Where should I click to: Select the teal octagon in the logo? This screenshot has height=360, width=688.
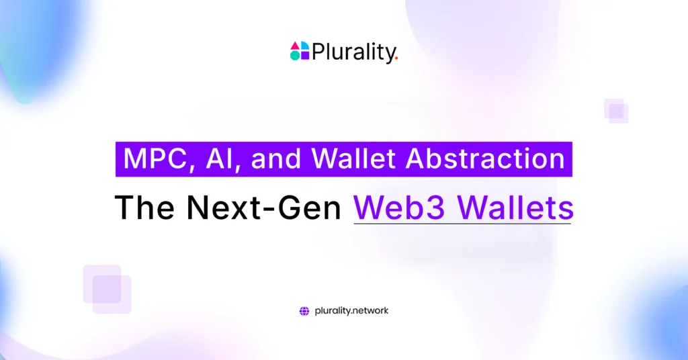point(295,56)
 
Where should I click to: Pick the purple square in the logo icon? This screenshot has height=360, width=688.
point(304,56)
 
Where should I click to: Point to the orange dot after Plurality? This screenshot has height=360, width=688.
point(396,58)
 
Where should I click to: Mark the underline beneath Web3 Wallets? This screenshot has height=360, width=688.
point(462,223)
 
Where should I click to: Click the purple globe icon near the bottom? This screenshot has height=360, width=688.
point(304,311)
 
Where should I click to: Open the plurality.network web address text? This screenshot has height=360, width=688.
point(351,311)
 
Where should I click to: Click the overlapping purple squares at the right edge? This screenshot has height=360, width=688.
point(616,111)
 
